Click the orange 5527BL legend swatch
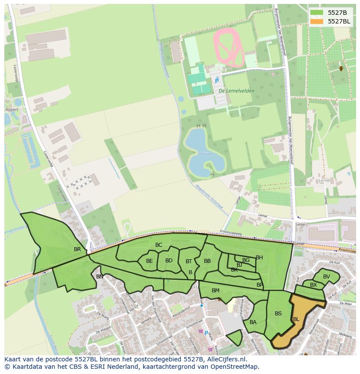[x=317, y=21]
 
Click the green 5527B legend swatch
[x=317, y=13]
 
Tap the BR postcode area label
[x=77, y=249]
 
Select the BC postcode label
[x=159, y=245]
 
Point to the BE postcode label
[x=150, y=261]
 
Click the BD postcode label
[x=169, y=261]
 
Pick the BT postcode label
[x=189, y=261]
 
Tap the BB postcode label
[x=207, y=261]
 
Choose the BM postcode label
[x=216, y=291]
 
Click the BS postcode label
[x=278, y=314]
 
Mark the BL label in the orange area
[x=296, y=319]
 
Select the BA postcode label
[x=253, y=322]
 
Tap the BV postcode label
[x=327, y=277]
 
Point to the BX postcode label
[x=313, y=285]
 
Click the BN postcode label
[x=100, y=277]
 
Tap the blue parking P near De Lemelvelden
[x=217, y=81]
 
